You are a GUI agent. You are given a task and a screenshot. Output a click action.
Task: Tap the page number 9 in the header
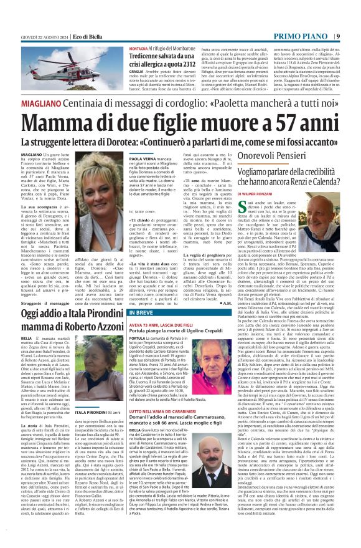pos(355,5)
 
